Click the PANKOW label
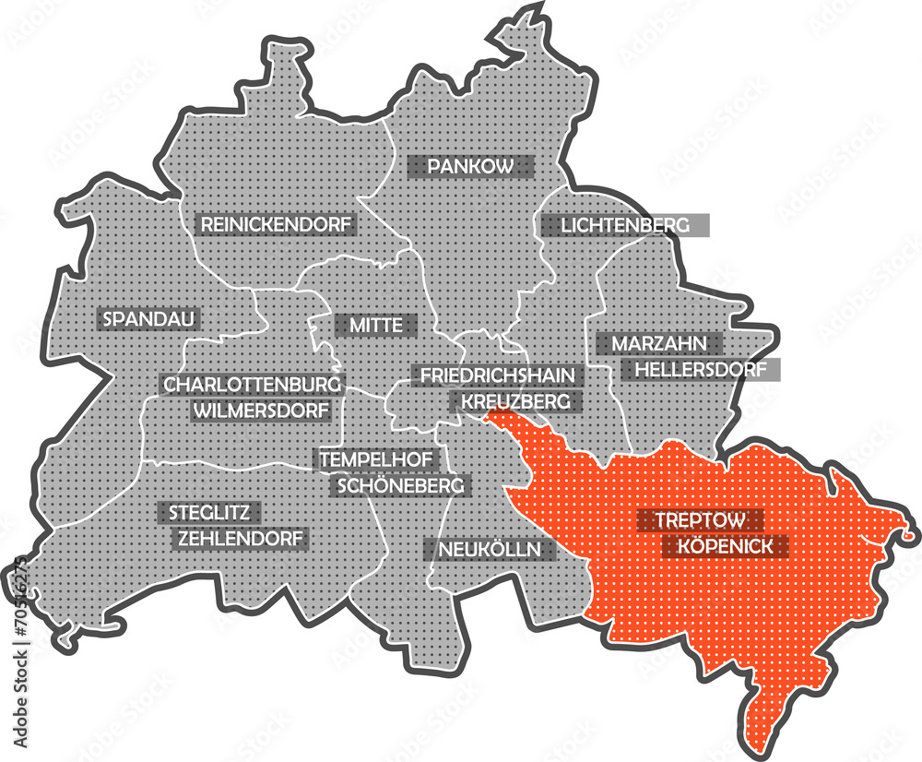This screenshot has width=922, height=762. pos(470,167)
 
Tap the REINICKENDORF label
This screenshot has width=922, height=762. pos(277,224)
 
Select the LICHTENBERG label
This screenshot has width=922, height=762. pos(624,225)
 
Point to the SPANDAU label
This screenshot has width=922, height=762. pos(148,319)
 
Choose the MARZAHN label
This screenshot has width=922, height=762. pos(658,344)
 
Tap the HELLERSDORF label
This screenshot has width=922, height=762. pos(700,370)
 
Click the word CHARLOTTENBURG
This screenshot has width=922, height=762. pos(253,384)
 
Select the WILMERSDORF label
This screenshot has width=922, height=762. pos(262,410)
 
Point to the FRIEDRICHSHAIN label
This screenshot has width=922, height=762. pos(498,375)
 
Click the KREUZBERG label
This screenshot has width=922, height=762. pos(515,401)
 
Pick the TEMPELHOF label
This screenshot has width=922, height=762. pos(381,458)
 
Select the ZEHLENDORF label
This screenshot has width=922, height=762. pos(240,538)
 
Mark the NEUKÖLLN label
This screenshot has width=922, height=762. pos(490,550)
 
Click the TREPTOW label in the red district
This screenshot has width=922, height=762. pos(701,520)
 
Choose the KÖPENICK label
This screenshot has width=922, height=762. pos(727,546)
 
